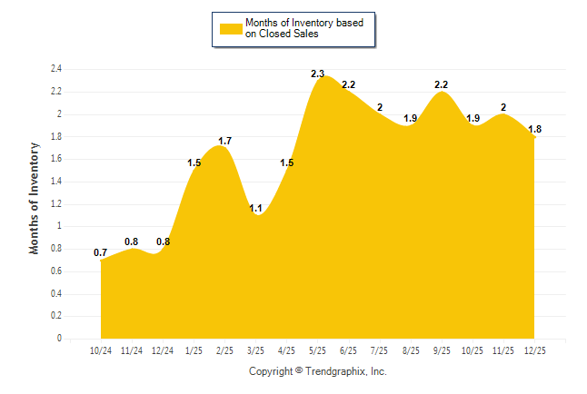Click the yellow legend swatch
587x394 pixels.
click(x=230, y=28)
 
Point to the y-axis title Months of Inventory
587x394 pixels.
click(x=35, y=197)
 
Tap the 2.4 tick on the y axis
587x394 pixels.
click(x=56, y=69)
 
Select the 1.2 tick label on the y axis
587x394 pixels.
click(x=56, y=203)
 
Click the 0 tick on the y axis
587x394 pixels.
click(x=59, y=339)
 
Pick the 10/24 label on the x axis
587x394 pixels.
click(x=101, y=350)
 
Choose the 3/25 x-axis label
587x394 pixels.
click(x=255, y=350)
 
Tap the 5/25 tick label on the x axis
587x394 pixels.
click(x=317, y=350)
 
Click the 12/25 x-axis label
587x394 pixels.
click(x=534, y=350)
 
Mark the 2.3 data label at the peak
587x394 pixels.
click(x=317, y=74)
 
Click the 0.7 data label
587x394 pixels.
click(x=101, y=252)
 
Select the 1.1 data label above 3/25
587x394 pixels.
click(x=255, y=208)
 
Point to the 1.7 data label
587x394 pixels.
click(x=224, y=141)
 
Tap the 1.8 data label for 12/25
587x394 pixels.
click(x=534, y=129)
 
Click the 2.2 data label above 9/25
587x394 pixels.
click(x=442, y=84)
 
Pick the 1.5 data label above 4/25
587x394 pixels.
click(x=286, y=163)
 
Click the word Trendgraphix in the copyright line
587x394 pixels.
click(x=335, y=371)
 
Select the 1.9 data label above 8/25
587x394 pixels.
click(x=410, y=118)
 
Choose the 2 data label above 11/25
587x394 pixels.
click(x=503, y=107)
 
